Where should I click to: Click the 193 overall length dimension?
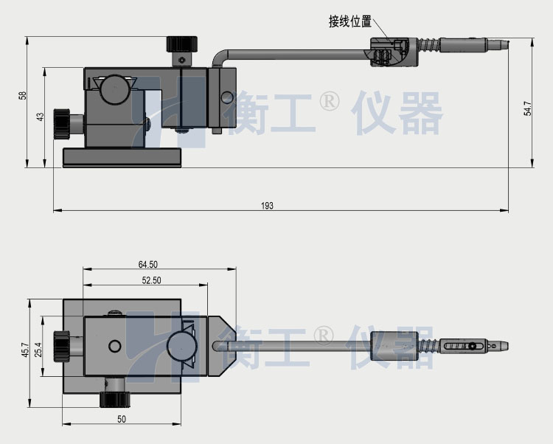[x=267, y=206]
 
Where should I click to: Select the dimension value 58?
[x=22, y=96]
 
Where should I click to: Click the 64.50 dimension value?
[x=147, y=264]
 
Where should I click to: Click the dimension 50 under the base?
[x=122, y=419]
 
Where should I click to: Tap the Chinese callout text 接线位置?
[x=349, y=21]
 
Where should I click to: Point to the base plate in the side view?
[x=122, y=157]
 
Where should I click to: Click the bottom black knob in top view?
[x=114, y=400]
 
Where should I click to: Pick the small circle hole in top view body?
[x=114, y=346]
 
